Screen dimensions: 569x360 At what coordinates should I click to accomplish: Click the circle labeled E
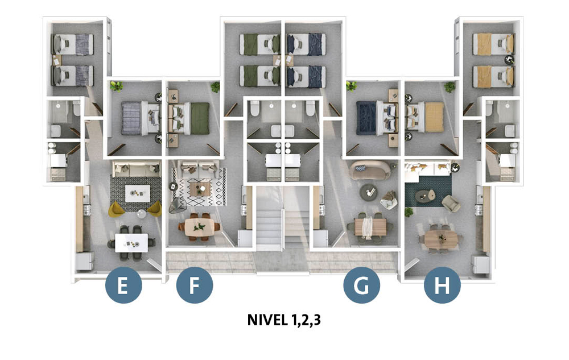(123, 285)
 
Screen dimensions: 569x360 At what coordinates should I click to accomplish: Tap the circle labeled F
(195, 285)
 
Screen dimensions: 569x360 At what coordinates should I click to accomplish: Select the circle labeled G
(362, 285)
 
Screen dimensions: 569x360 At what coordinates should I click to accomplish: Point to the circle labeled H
(442, 285)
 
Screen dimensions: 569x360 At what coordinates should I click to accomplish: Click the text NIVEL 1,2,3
(284, 320)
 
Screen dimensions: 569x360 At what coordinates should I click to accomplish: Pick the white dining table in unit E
(131, 243)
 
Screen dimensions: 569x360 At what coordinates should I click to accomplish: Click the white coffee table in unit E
(138, 193)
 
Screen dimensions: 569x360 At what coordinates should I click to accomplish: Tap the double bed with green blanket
(189, 118)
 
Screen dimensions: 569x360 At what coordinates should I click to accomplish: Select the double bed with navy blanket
(377, 118)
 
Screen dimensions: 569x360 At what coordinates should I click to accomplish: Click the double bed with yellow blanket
(425, 117)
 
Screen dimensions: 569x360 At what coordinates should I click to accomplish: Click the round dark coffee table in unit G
(368, 192)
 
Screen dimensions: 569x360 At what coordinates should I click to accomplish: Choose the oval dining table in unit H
(441, 239)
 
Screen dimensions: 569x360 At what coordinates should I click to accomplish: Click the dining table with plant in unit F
(199, 227)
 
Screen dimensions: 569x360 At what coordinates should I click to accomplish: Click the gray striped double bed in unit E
(141, 118)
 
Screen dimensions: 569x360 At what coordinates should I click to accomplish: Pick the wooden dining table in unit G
(370, 227)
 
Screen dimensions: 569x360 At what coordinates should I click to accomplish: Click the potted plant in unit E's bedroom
(117, 86)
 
